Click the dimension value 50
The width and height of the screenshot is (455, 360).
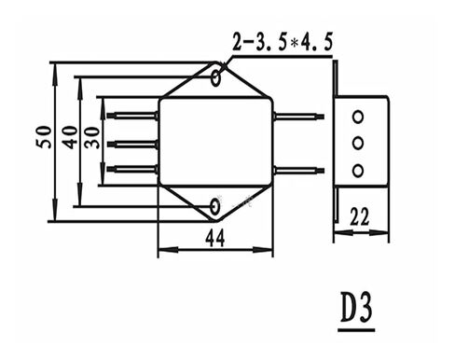click(x=43, y=137)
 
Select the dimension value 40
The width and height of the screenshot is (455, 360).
click(x=68, y=137)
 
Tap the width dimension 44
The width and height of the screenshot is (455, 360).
click(x=214, y=240)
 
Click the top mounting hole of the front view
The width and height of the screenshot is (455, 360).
click(x=218, y=74)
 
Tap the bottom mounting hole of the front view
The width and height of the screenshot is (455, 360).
click(x=216, y=203)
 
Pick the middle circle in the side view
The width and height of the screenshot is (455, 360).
click(x=355, y=143)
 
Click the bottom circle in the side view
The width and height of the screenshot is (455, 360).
click(x=355, y=169)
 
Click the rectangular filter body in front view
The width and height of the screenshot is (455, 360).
click(x=214, y=140)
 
